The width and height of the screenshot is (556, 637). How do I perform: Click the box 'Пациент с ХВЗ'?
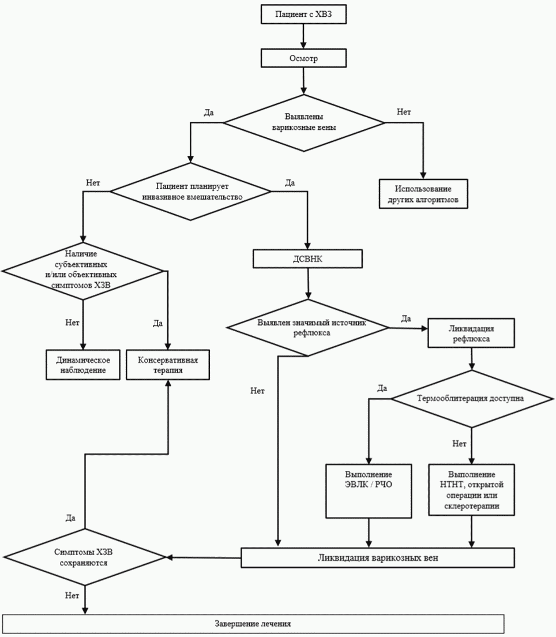[303, 14]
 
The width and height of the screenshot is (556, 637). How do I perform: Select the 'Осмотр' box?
[303, 58]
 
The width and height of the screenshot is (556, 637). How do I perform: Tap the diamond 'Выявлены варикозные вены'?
[304, 123]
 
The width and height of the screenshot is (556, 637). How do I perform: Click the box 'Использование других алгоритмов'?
[423, 194]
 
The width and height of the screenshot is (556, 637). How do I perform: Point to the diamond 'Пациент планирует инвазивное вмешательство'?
[191, 192]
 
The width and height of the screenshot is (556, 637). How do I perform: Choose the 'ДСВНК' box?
[307, 258]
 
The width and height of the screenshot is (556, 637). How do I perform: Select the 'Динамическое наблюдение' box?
[83, 365]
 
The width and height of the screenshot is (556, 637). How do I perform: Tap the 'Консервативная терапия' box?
[168, 365]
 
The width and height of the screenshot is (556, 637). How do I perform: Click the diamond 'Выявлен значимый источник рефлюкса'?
[308, 327]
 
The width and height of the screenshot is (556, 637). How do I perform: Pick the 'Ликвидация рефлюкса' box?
[471, 333]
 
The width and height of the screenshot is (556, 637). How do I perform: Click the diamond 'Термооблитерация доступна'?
[471, 399]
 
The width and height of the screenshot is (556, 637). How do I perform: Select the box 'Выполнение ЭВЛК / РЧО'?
[369, 491]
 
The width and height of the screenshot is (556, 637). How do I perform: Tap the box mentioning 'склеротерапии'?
[472, 490]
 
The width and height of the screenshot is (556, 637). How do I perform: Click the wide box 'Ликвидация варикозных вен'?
[378, 558]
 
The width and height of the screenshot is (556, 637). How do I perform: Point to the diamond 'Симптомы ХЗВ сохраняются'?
[84, 557]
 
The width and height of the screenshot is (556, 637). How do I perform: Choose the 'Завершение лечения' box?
[253, 624]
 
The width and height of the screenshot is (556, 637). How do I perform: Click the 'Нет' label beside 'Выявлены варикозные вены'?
[404, 112]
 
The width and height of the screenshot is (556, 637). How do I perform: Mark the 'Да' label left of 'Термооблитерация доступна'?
[382, 388]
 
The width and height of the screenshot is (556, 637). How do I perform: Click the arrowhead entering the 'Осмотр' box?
[303, 45]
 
